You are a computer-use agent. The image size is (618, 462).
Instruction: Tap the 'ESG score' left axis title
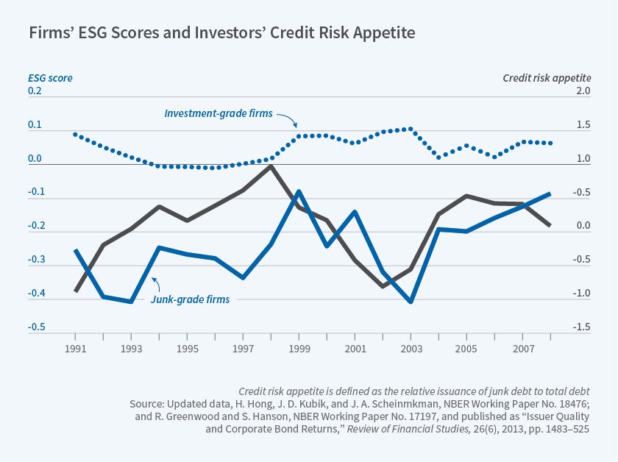tap(51, 77)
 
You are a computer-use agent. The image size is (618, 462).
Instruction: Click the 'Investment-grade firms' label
tap(219, 114)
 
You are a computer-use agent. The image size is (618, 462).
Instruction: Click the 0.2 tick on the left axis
tap(36, 91)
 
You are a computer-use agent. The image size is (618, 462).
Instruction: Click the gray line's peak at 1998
tap(271, 166)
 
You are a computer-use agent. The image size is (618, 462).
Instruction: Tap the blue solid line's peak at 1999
tap(299, 191)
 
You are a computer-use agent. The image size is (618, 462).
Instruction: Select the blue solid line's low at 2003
tap(410, 302)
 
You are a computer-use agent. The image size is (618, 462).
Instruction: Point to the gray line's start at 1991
tap(76, 291)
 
